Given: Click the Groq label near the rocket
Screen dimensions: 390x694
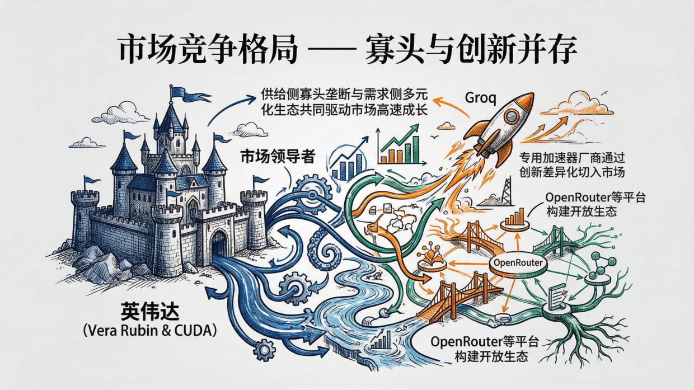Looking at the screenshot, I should pyautogui.click(x=480, y=98).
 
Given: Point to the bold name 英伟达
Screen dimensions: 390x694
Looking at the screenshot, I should pyautogui.click(x=148, y=312).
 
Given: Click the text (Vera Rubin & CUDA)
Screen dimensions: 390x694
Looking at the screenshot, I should pyautogui.click(x=149, y=330).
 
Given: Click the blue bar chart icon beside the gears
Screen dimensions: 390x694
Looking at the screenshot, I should pyautogui.click(x=347, y=162).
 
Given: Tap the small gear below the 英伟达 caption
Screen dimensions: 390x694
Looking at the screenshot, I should pyautogui.click(x=264, y=351).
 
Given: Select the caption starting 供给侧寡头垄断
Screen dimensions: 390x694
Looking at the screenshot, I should pyautogui.click(x=345, y=102).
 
